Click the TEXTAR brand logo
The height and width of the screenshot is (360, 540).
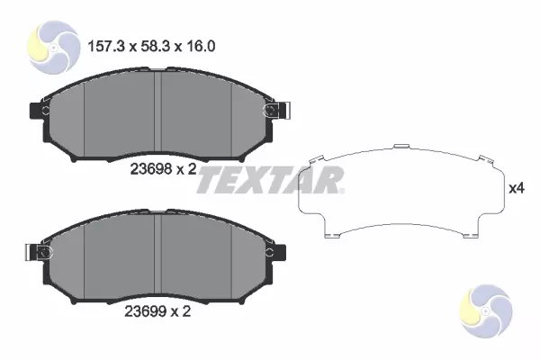[270, 180]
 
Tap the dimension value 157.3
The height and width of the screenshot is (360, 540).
[105, 46]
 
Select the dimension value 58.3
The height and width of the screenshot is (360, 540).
[156, 46]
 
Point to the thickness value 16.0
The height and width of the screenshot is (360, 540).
[201, 46]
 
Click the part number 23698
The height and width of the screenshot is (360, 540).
[151, 169]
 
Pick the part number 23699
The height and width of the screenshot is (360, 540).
[145, 311]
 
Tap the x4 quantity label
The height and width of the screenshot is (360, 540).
[517, 188]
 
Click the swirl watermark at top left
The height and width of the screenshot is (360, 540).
[53, 47]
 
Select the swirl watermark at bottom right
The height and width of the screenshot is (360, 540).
[486, 311]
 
